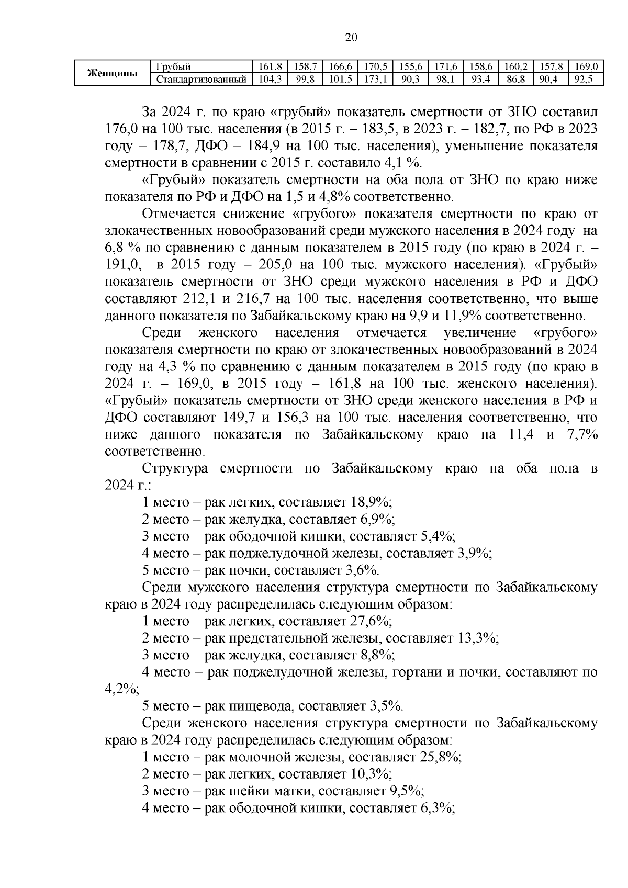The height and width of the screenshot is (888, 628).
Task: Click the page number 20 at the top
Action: click(x=351, y=37)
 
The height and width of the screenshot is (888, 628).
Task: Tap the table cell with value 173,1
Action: click(x=375, y=80)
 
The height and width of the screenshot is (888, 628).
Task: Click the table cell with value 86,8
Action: click(x=515, y=80)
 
